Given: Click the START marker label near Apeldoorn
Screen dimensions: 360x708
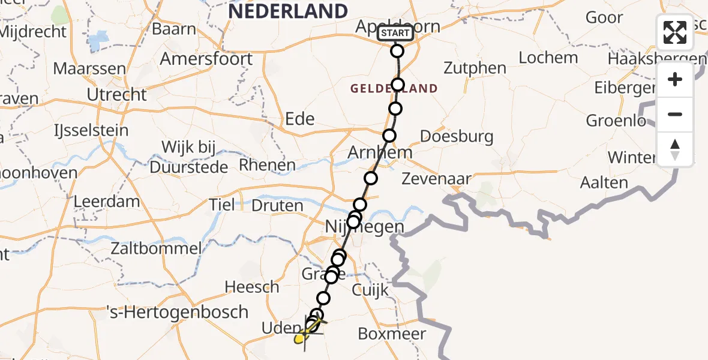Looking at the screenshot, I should point(395,33).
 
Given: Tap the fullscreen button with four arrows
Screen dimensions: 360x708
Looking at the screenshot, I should point(675,32).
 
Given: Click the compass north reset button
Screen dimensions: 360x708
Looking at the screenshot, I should point(675,149).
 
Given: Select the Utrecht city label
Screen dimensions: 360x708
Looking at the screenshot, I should point(116,94).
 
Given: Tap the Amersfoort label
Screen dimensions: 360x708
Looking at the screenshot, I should point(206,59).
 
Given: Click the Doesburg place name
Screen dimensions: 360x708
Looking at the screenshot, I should point(457,136).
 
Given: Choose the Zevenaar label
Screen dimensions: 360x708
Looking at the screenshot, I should point(436,178).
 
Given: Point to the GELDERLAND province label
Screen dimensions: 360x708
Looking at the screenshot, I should point(394,89).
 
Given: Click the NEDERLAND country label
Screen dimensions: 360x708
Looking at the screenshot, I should point(287,11).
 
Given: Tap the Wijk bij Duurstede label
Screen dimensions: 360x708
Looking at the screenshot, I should point(189,157).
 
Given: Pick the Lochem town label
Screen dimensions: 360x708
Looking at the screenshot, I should point(548,58).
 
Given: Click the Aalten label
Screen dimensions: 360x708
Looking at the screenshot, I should point(604,182).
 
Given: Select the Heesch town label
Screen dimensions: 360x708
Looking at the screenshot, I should point(252,287).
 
